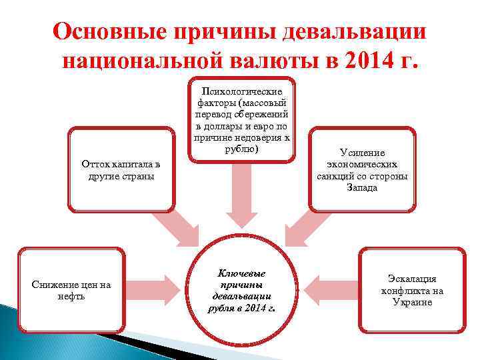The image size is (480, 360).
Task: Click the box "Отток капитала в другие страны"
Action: point(121,170)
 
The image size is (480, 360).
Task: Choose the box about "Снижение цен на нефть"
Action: point(71,291)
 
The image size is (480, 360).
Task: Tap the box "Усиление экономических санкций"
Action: point(362,170)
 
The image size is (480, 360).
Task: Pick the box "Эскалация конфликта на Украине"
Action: point(412,291)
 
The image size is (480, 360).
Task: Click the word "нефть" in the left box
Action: point(71,297)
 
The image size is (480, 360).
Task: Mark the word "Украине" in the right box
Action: point(412,302)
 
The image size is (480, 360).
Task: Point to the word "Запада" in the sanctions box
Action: point(362,187)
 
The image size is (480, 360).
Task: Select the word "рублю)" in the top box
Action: point(241,149)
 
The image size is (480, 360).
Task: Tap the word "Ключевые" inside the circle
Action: point(241,273)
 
